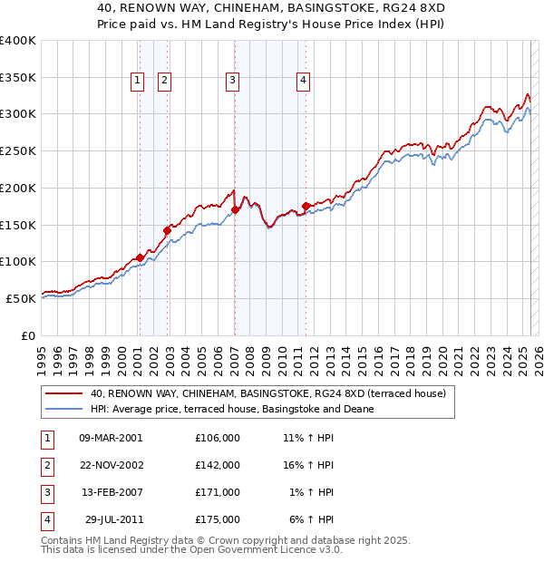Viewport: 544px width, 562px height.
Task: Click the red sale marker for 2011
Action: pyautogui.click(x=306, y=206)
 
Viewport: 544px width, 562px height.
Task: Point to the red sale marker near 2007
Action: pyautogui.click(x=235, y=209)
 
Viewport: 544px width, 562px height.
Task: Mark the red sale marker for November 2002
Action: pyautogui.click(x=167, y=230)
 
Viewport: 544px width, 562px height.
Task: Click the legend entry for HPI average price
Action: pyautogui.click(x=233, y=409)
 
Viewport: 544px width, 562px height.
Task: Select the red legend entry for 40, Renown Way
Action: pyautogui.click(x=267, y=394)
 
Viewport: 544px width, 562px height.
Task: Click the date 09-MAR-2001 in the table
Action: pyautogui.click(x=111, y=437)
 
